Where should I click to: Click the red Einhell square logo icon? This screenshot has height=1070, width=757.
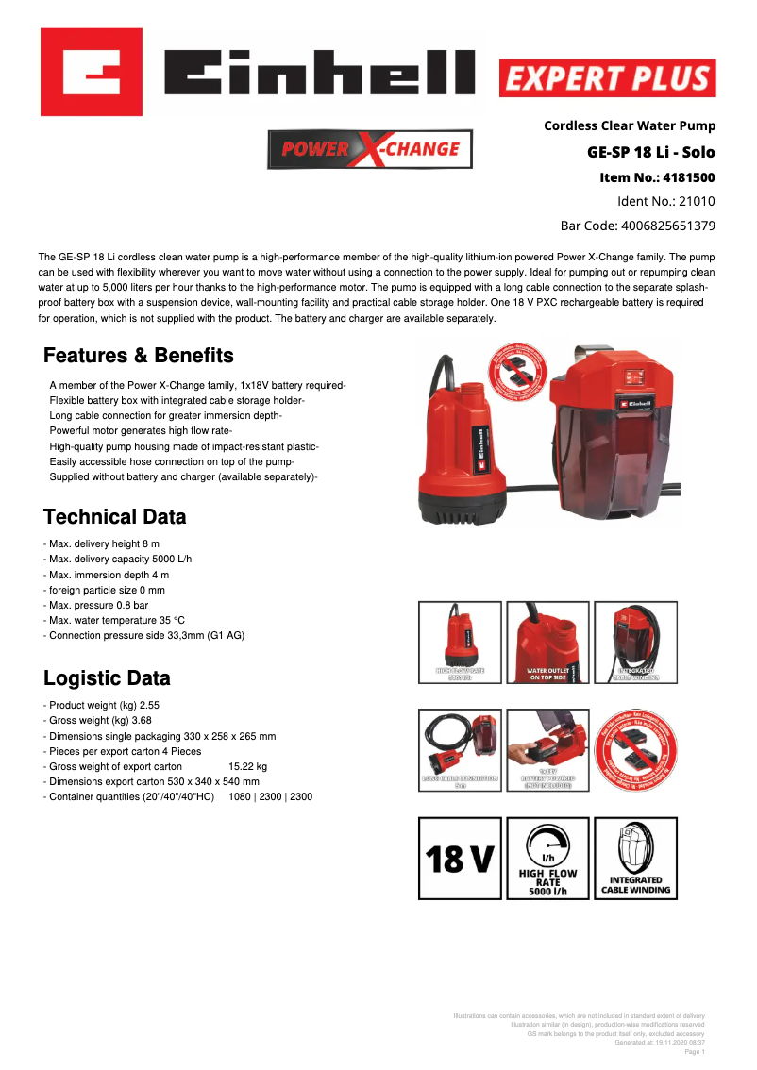pyautogui.click(x=91, y=72)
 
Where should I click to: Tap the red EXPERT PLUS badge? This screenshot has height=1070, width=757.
pyautogui.click(x=607, y=78)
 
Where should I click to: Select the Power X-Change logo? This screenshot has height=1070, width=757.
pyautogui.click(x=370, y=149)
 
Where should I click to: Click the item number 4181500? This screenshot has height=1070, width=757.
pyautogui.click(x=688, y=177)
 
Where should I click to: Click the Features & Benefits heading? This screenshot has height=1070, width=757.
pyautogui.click(x=139, y=356)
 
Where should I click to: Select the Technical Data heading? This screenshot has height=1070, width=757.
pyautogui.click(x=115, y=517)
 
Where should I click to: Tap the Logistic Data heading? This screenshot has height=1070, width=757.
pyautogui.click(x=108, y=678)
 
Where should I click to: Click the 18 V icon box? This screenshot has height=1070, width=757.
pyautogui.click(x=460, y=858)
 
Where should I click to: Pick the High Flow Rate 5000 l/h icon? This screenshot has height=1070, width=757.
pyautogui.click(x=547, y=858)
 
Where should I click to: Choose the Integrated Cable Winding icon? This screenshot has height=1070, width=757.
pyautogui.click(x=635, y=858)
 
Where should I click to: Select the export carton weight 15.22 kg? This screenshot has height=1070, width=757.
pyautogui.click(x=248, y=766)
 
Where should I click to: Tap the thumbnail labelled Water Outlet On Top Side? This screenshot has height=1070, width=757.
pyautogui.click(x=547, y=643)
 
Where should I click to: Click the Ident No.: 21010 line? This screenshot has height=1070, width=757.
pyautogui.click(x=665, y=201)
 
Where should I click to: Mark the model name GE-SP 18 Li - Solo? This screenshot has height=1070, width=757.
pyautogui.click(x=651, y=152)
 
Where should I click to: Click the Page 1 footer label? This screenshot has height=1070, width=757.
pyautogui.click(x=694, y=1051)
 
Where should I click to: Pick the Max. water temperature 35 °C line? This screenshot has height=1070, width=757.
pyautogui.click(x=117, y=620)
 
